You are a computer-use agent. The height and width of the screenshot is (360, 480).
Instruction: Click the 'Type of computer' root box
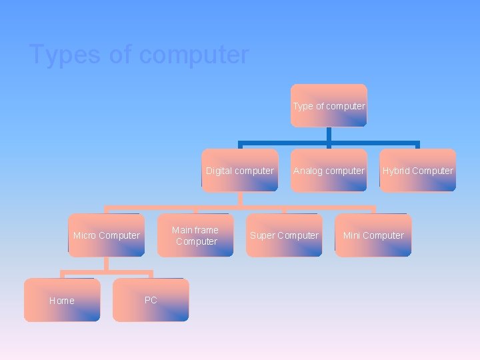(329, 105)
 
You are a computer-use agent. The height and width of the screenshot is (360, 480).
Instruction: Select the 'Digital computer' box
(240, 171)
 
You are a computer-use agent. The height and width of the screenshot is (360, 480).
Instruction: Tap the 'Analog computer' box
(329, 171)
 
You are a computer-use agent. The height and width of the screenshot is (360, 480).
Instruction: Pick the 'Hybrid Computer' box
(418, 171)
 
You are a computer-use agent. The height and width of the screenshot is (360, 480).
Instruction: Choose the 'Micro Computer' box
(107, 235)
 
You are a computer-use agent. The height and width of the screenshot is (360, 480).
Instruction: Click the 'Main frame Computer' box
(195, 235)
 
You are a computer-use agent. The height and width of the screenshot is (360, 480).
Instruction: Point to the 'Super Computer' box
(284, 235)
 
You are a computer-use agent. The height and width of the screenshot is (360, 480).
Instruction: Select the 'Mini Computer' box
(373, 235)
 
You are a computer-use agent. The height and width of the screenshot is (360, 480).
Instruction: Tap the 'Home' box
(62, 300)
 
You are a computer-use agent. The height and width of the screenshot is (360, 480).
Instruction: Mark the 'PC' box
(151, 300)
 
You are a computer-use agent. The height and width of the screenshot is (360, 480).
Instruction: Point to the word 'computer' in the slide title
(194, 55)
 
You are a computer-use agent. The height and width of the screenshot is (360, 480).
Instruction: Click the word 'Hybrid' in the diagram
(396, 171)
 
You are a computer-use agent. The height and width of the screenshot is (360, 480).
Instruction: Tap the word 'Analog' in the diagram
(308, 171)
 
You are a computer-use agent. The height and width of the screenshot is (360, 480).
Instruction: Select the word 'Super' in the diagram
(262, 235)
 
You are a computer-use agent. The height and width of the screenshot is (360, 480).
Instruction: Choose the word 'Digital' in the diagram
(219, 171)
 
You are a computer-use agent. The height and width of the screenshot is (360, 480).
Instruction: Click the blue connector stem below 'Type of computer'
(329, 134)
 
